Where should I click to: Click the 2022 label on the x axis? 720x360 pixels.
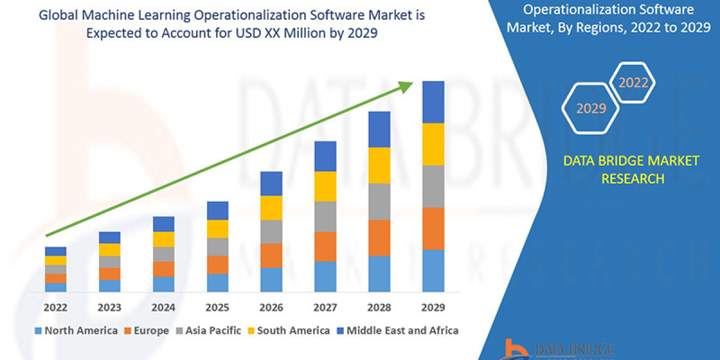(x=55, y=308)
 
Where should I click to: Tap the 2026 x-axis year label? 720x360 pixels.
(x=271, y=308)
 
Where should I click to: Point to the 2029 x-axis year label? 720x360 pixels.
(x=433, y=308)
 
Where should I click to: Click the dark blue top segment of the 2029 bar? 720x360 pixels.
(x=433, y=102)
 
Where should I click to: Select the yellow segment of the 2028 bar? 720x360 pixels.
(x=379, y=165)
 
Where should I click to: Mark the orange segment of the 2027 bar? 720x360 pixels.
(x=325, y=247)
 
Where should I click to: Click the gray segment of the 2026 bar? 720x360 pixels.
(x=271, y=232)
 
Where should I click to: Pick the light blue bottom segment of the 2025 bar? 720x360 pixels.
(x=217, y=283)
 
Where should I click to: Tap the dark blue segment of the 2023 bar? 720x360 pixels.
(x=109, y=238)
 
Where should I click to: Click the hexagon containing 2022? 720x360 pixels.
(x=632, y=83)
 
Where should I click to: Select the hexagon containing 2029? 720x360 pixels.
(x=590, y=108)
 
